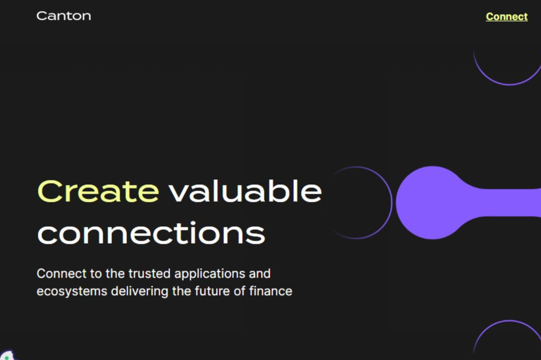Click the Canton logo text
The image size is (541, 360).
coord(64,16)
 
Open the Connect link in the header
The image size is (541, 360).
coord(507,16)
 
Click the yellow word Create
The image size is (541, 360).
coord(98,191)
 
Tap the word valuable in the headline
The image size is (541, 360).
coord(245,190)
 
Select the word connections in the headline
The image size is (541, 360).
coord(151,233)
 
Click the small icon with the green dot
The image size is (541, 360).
coord(7,356)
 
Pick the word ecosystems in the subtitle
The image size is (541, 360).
coord(72,292)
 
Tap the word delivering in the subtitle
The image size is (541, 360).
coord(140,291)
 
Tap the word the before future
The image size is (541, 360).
coord(181,291)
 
